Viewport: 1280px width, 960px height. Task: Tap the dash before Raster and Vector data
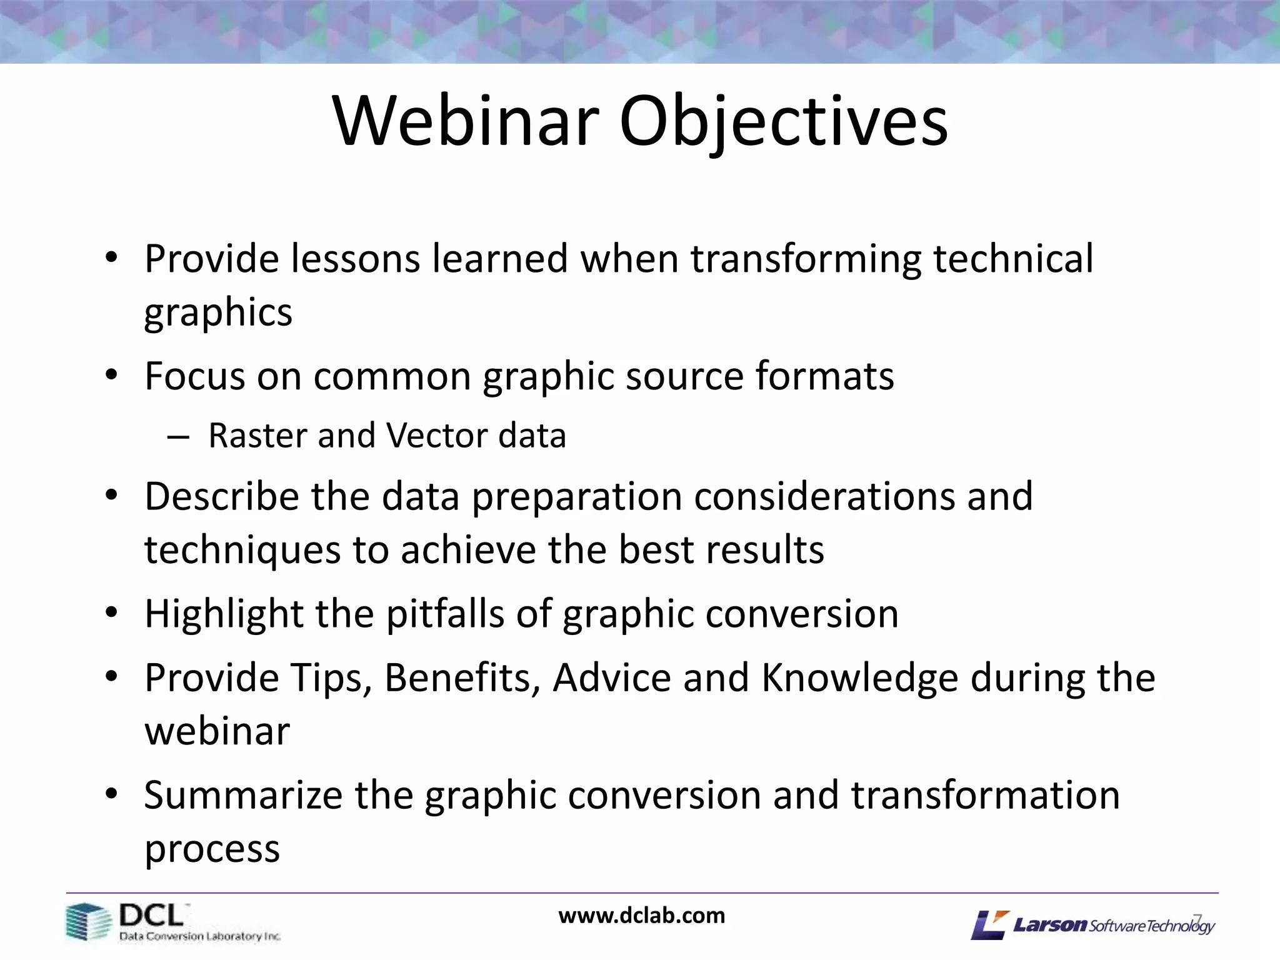[x=178, y=437]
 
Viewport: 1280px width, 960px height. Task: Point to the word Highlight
[x=223, y=614]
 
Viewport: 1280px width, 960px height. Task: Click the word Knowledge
[x=859, y=677]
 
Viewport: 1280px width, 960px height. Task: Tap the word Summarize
[x=242, y=795]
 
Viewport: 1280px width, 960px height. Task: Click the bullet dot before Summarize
[x=111, y=794]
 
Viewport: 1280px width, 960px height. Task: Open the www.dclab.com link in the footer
[x=641, y=916]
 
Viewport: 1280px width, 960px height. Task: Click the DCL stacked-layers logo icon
[x=87, y=922]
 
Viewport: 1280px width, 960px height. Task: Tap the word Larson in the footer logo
[x=1050, y=924]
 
